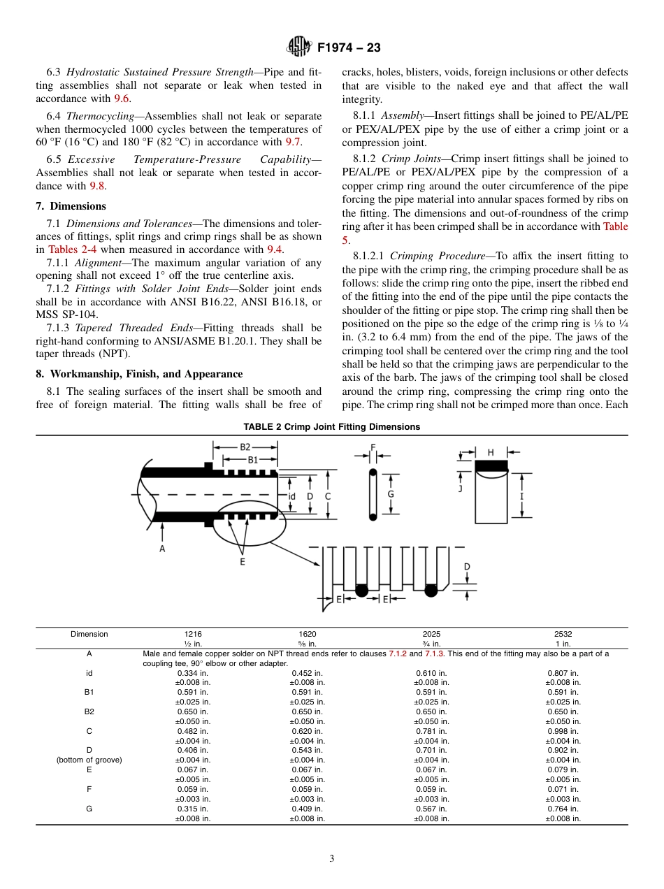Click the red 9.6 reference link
tap(122, 99)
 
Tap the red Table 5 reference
tap(615, 233)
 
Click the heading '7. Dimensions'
tap(71, 206)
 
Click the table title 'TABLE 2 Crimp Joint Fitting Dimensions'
tap(331, 427)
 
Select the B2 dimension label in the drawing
tap(245, 447)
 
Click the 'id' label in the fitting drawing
tap(292, 496)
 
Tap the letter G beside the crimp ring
tap(391, 494)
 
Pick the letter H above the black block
tap(491, 452)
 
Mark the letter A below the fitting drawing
tap(162, 549)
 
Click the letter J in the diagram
tap(460, 489)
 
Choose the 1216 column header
tap(192, 634)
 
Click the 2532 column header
tap(563, 634)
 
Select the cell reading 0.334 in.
tap(192, 673)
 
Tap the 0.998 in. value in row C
tap(563, 731)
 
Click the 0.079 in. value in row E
tap(563, 769)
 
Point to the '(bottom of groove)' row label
tap(89, 760)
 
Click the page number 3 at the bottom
tap(331, 859)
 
